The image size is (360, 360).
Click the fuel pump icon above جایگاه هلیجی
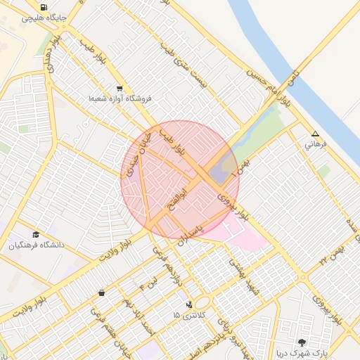[44, 7]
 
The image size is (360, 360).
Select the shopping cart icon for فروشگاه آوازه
[120, 89]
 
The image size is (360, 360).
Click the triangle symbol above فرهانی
[315, 134]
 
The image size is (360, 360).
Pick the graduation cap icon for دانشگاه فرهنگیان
[36, 235]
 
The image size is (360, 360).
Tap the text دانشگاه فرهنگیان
[37, 245]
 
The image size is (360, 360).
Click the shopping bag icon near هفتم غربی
[102, 292]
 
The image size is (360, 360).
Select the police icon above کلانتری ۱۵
[188, 304]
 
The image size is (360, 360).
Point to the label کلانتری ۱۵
[191, 315]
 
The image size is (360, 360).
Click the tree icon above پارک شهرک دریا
[302, 343]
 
